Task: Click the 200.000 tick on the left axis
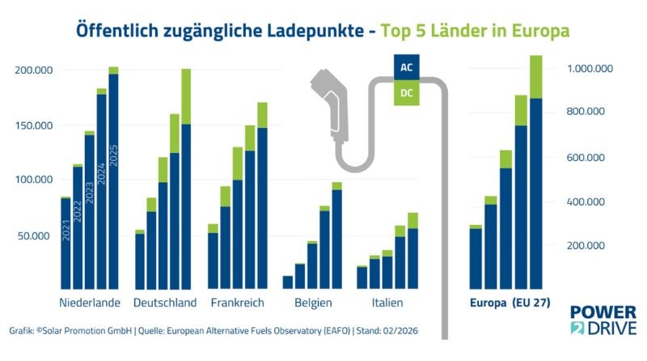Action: pos(33,70)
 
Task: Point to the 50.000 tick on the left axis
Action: pos(36,236)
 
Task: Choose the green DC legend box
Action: pos(407,93)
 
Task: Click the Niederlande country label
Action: pos(90,303)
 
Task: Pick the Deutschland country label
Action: pos(164,303)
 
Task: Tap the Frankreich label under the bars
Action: pos(238,303)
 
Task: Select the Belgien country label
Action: pos(312,303)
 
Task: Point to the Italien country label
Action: pos(380,303)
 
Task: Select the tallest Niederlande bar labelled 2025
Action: pos(113,178)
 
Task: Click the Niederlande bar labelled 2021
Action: pos(66,243)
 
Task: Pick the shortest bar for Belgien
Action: pos(288,282)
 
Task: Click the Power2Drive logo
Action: pos(603,320)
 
